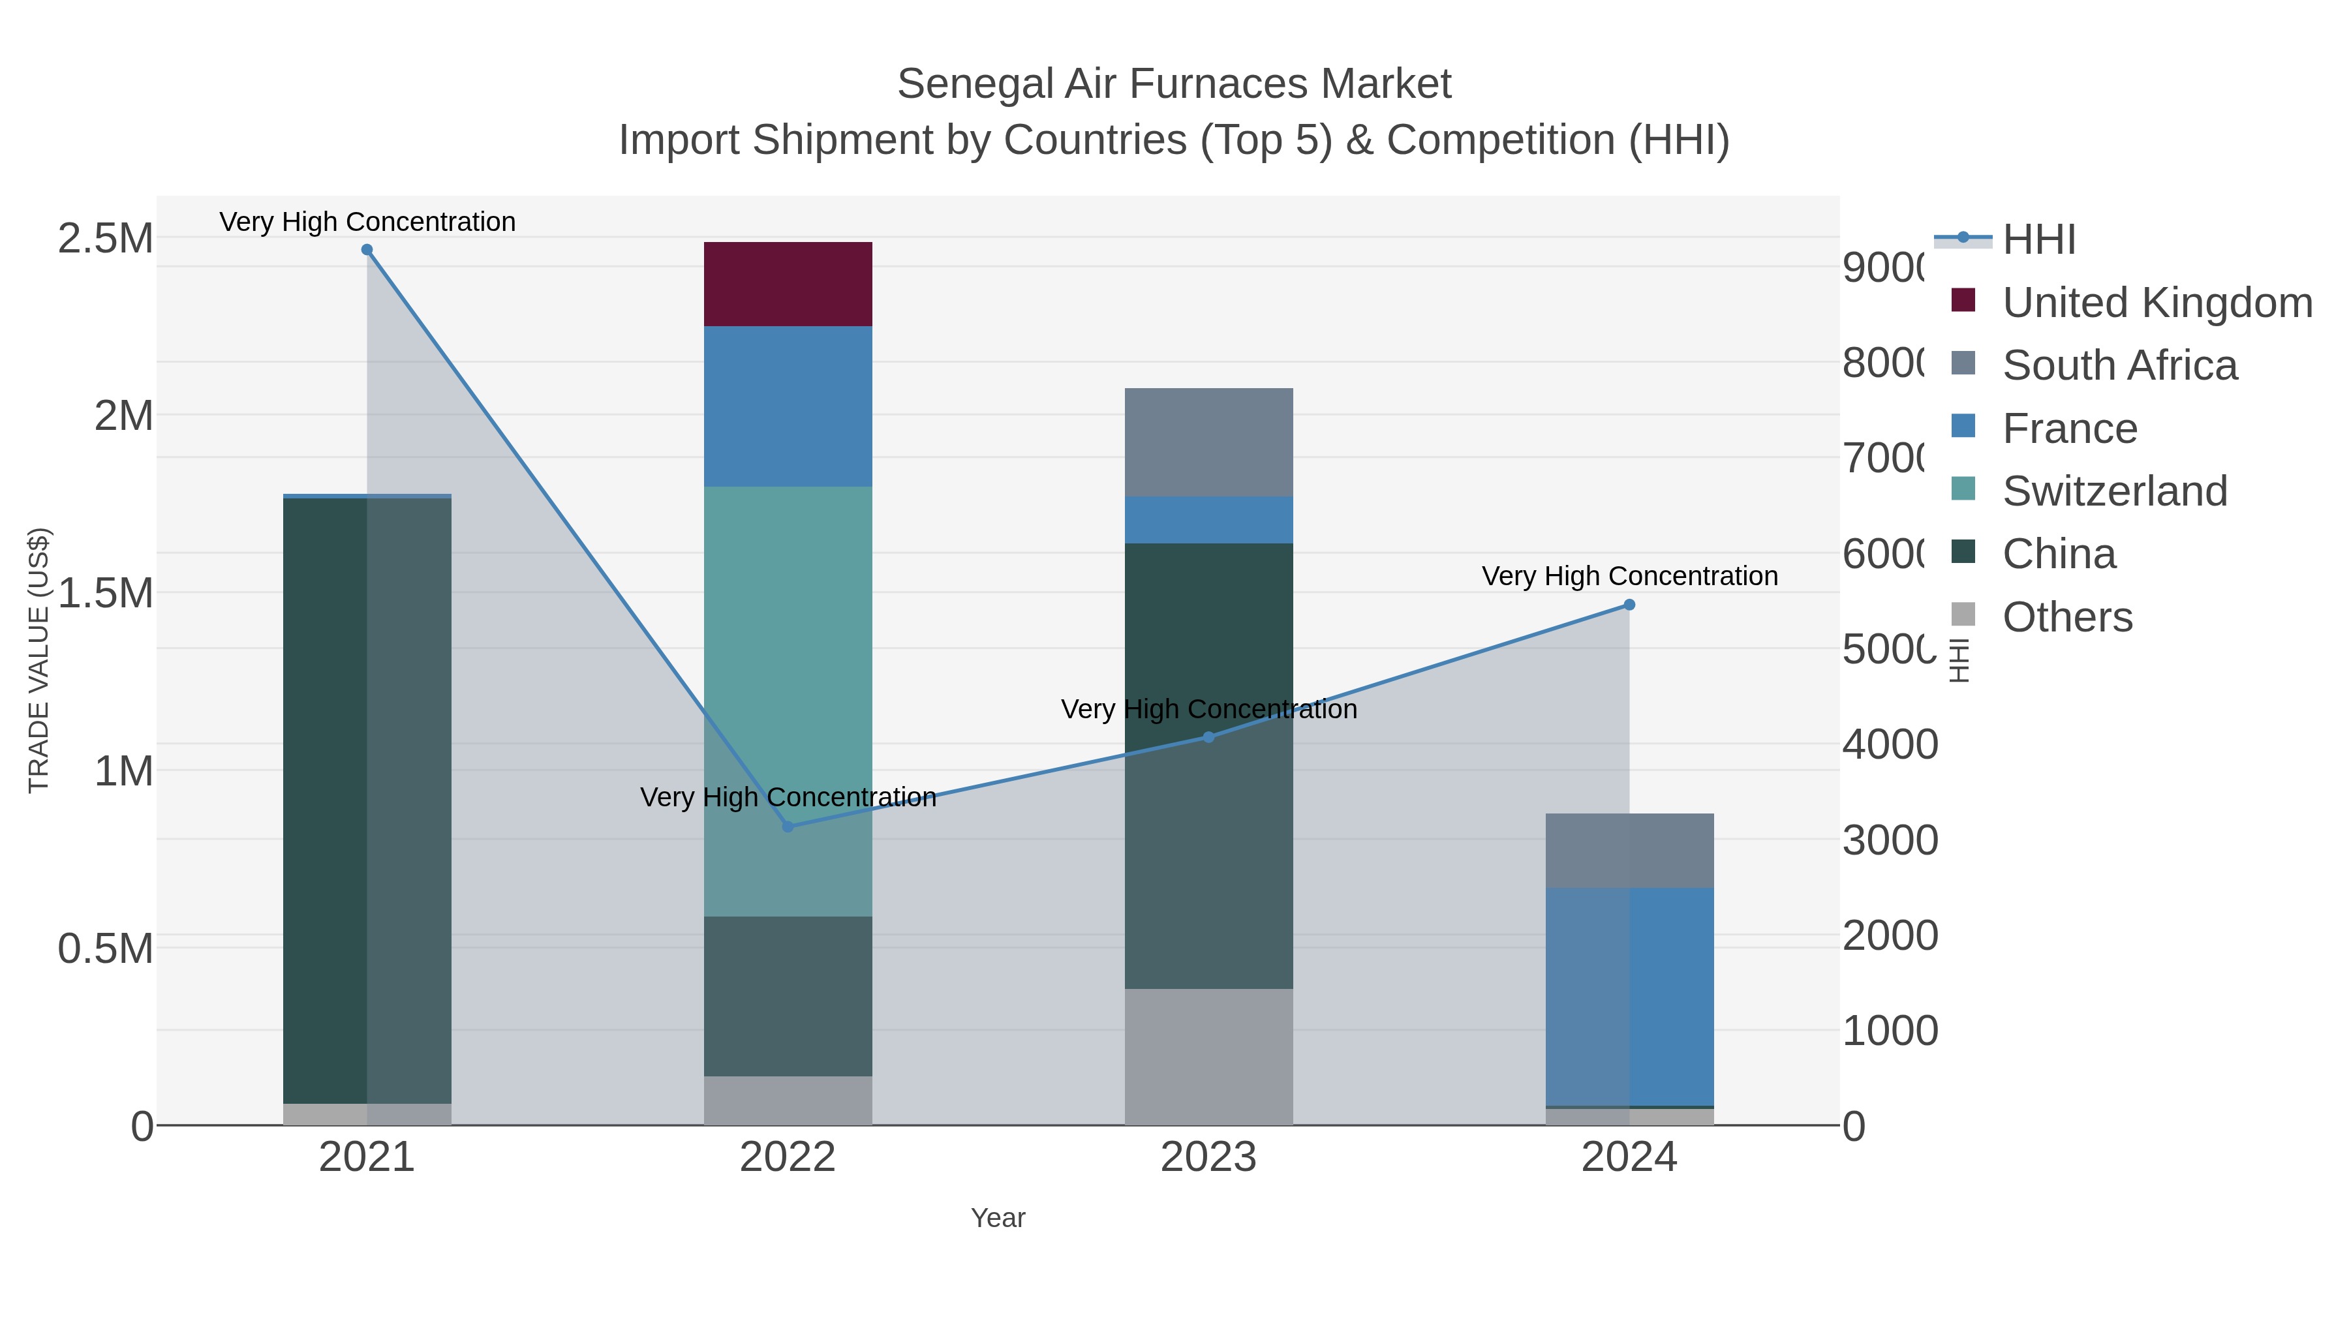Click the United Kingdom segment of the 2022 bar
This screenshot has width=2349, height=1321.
coord(788,284)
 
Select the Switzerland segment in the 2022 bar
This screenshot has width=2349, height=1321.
coord(788,700)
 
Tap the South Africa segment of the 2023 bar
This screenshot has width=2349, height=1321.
coord(1208,442)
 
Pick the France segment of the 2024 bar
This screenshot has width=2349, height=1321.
coord(1629,996)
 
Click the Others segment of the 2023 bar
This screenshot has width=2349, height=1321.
coord(1208,1057)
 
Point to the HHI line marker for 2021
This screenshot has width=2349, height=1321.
coord(367,250)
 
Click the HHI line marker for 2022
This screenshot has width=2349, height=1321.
coord(788,827)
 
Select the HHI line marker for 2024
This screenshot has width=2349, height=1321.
coord(1629,605)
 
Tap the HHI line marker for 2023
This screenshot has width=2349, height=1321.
coord(1208,736)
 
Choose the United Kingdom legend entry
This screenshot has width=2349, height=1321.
coord(2157,303)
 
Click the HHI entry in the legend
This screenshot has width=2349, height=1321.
coord(2039,240)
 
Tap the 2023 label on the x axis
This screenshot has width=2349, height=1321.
coord(1208,1158)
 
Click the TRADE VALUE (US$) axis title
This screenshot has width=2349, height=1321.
coord(38,660)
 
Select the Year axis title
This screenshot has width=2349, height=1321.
coord(998,1218)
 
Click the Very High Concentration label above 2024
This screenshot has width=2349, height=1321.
coord(1629,576)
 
